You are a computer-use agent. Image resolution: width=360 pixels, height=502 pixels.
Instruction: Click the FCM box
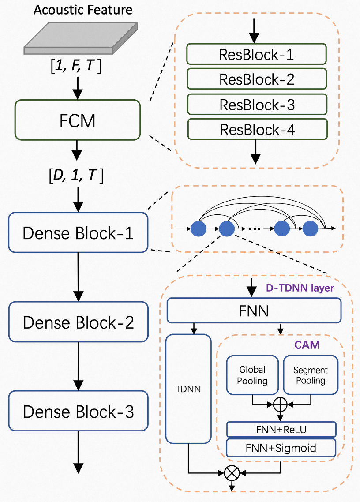tap(78, 120)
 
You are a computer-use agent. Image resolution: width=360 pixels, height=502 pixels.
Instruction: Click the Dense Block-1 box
tap(78, 232)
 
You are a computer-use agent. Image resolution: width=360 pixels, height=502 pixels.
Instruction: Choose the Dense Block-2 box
tap(78, 322)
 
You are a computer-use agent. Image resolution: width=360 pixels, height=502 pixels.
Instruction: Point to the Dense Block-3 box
tap(78, 411)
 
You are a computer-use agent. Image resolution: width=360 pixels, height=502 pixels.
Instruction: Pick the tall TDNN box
tap(188, 389)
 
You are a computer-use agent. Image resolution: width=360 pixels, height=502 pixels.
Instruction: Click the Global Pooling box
tap(252, 375)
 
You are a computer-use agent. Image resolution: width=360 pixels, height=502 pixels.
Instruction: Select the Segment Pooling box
tap(311, 375)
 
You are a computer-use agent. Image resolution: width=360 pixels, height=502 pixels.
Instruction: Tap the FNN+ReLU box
tap(281, 429)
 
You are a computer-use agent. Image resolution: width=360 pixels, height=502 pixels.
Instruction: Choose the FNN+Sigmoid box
tap(281, 448)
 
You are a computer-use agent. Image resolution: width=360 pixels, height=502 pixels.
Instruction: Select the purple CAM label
tap(307, 345)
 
